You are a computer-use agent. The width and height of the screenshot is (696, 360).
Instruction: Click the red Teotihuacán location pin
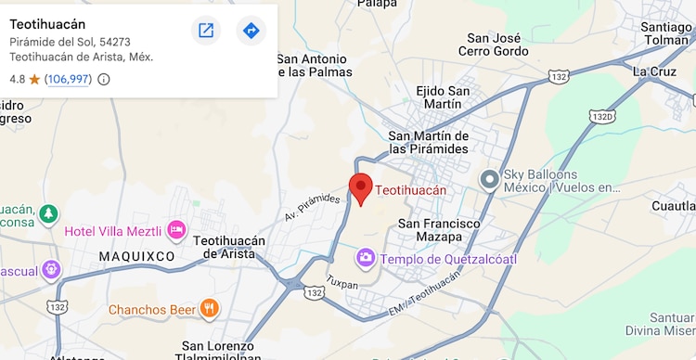361,186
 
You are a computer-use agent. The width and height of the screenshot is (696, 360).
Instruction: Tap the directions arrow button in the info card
251,31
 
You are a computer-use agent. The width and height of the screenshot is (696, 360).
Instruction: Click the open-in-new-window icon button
206,31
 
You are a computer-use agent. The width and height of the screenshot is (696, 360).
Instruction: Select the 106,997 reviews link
69,79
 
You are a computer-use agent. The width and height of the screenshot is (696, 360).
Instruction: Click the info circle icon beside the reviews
104,79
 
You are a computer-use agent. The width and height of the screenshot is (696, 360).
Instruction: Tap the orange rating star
34,79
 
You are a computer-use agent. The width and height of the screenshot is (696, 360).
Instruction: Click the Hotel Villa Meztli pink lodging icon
176,230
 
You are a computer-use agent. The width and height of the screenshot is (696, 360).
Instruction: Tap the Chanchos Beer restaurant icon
211,308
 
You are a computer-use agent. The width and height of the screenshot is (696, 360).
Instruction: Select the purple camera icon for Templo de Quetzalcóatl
367,258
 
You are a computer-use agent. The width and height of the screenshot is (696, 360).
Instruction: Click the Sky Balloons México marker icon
489,178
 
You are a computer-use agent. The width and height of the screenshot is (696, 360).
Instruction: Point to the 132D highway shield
601,116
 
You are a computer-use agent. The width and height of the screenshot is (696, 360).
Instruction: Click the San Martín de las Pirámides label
429,142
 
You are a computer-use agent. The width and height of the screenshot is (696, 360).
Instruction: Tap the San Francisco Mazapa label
439,230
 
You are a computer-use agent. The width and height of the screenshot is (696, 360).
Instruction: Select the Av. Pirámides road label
313,208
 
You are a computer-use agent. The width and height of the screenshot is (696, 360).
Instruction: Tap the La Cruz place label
654,71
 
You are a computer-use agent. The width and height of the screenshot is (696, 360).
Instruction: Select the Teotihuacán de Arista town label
229,247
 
